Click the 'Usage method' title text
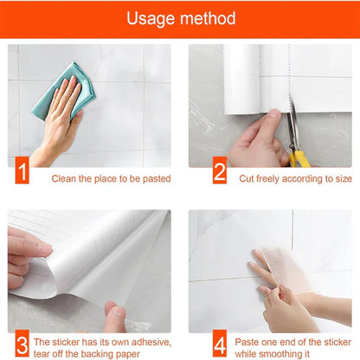tap(180, 18)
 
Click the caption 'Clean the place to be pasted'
tap(111, 179)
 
